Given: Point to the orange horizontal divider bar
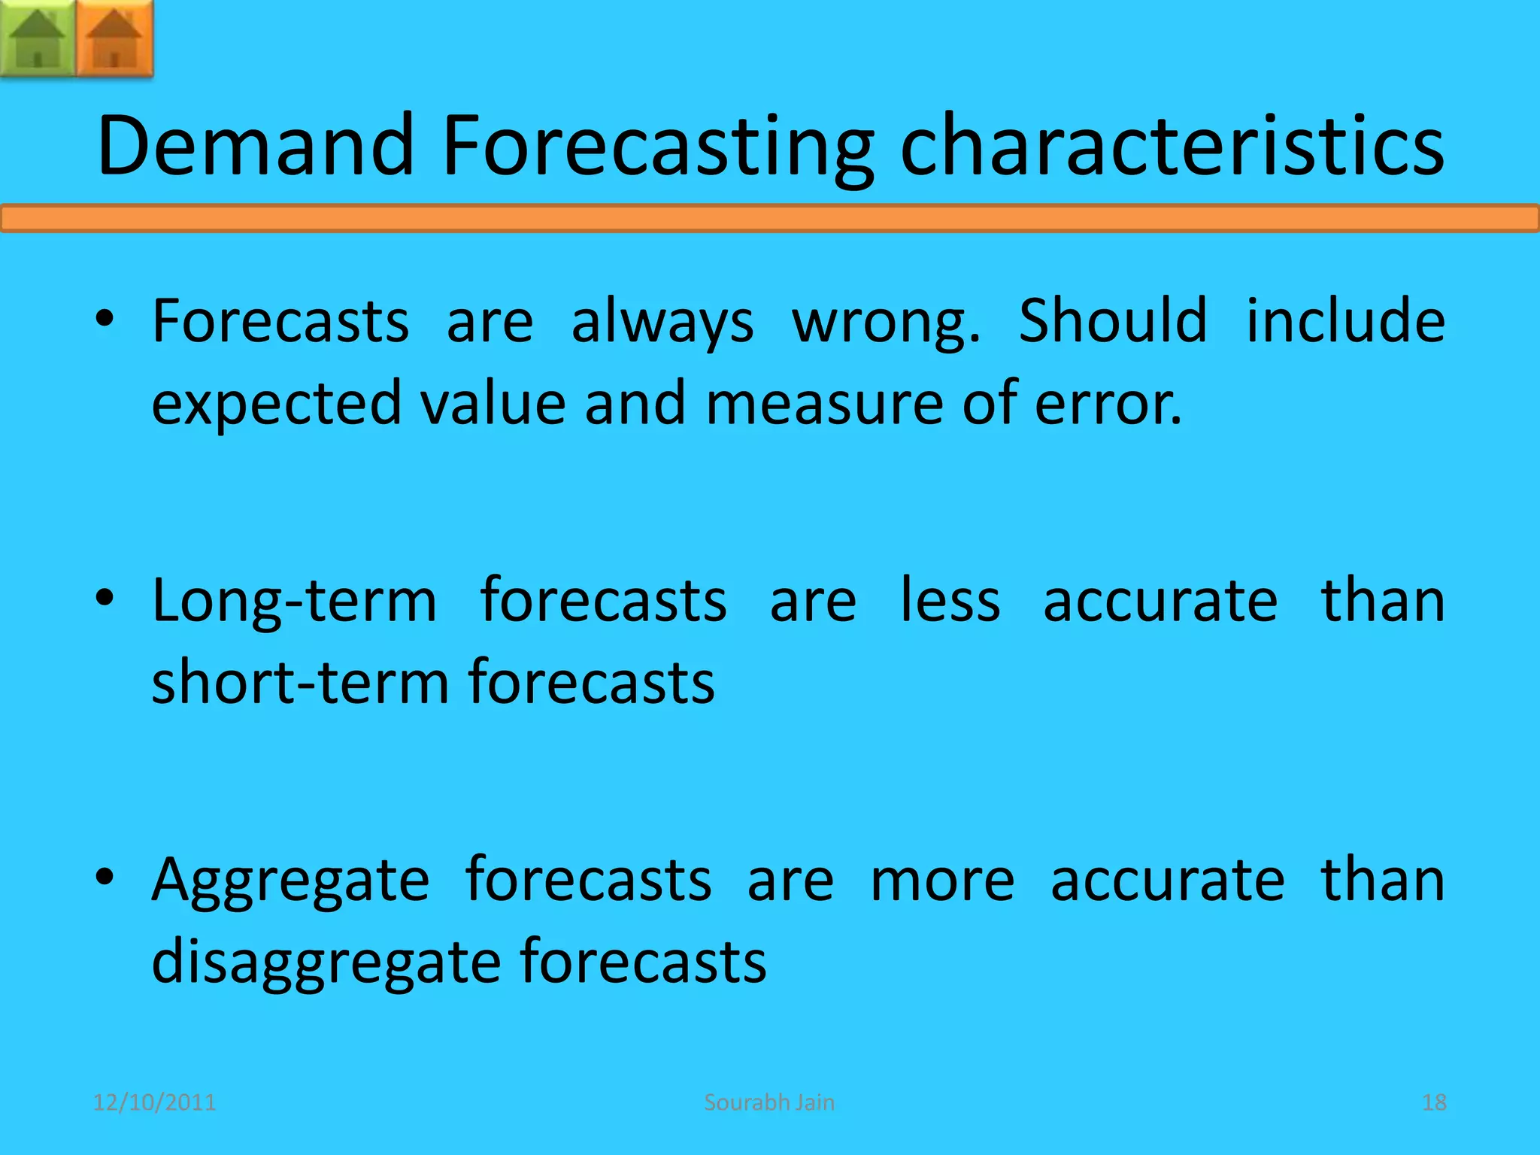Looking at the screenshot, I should coord(770,218).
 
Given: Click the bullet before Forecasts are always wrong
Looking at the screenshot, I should coord(105,319).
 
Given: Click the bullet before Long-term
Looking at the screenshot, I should coord(105,599).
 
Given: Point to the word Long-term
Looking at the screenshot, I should coord(294,602).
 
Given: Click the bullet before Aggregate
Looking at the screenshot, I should coord(105,877).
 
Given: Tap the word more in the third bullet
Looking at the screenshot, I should coord(942,880).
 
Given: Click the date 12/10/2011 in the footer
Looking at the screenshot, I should coord(154,1102).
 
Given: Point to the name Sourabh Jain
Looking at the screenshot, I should coord(769,1102).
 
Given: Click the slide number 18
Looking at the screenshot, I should coord(1434,1102).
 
